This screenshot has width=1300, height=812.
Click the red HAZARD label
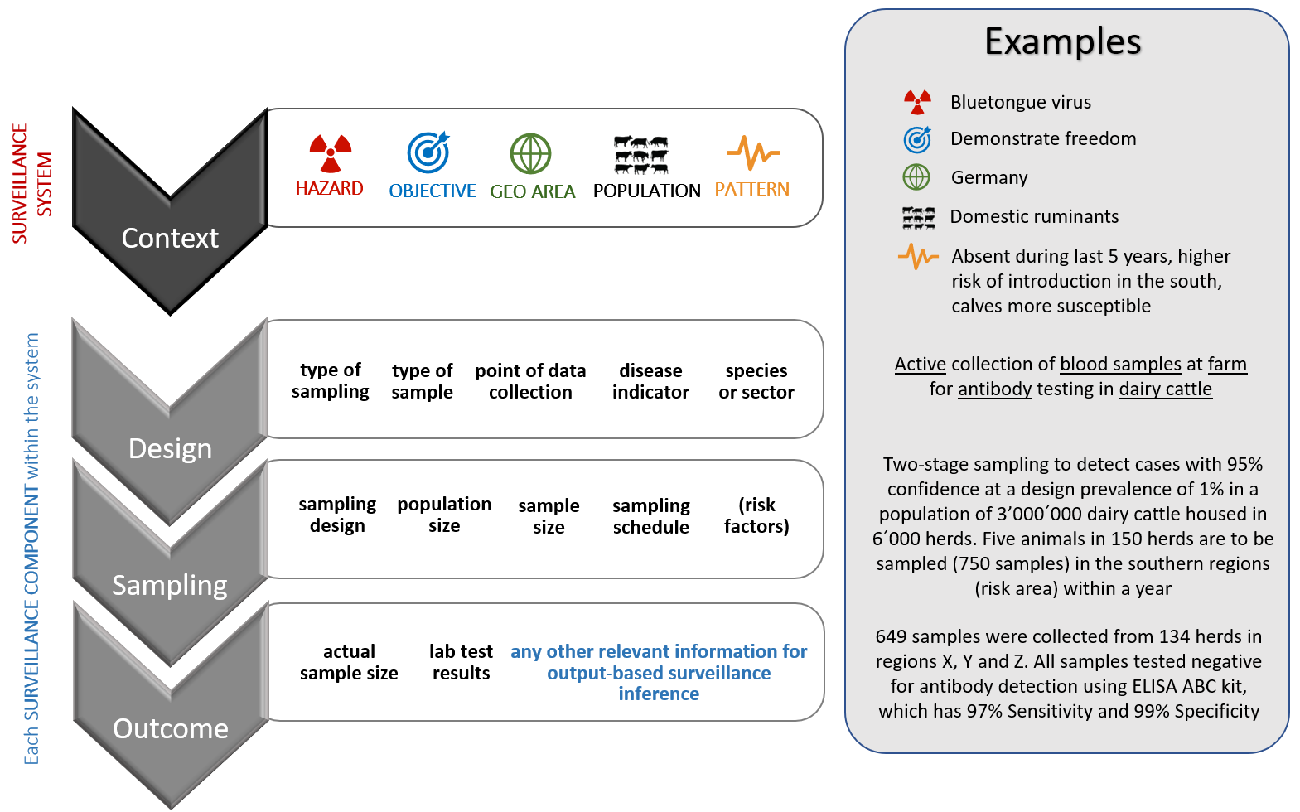(329, 189)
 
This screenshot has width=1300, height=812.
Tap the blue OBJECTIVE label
(432, 191)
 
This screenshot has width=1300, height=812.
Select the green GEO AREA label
(532, 191)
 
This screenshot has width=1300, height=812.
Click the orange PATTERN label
(751, 189)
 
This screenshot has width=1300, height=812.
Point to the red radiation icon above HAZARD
(331, 152)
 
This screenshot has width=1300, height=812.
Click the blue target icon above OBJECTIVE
(428, 152)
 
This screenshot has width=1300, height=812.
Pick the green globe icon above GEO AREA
(530, 154)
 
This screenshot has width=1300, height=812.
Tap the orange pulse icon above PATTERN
(752, 152)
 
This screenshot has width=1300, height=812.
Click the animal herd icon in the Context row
(640, 155)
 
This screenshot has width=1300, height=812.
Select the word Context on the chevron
(170, 239)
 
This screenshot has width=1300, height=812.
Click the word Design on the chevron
(170, 449)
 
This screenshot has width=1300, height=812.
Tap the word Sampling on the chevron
(170, 585)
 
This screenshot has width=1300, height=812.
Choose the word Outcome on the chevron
(170, 729)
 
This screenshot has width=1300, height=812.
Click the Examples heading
(1062, 41)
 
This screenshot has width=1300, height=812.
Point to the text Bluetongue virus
(1020, 102)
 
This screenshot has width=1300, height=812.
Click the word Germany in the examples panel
(988, 177)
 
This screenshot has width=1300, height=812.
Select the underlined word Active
(920, 364)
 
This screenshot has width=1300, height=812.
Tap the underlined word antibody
(994, 389)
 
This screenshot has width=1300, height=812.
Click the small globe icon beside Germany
(916, 176)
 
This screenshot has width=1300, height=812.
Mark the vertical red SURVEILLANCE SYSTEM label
(31, 183)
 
